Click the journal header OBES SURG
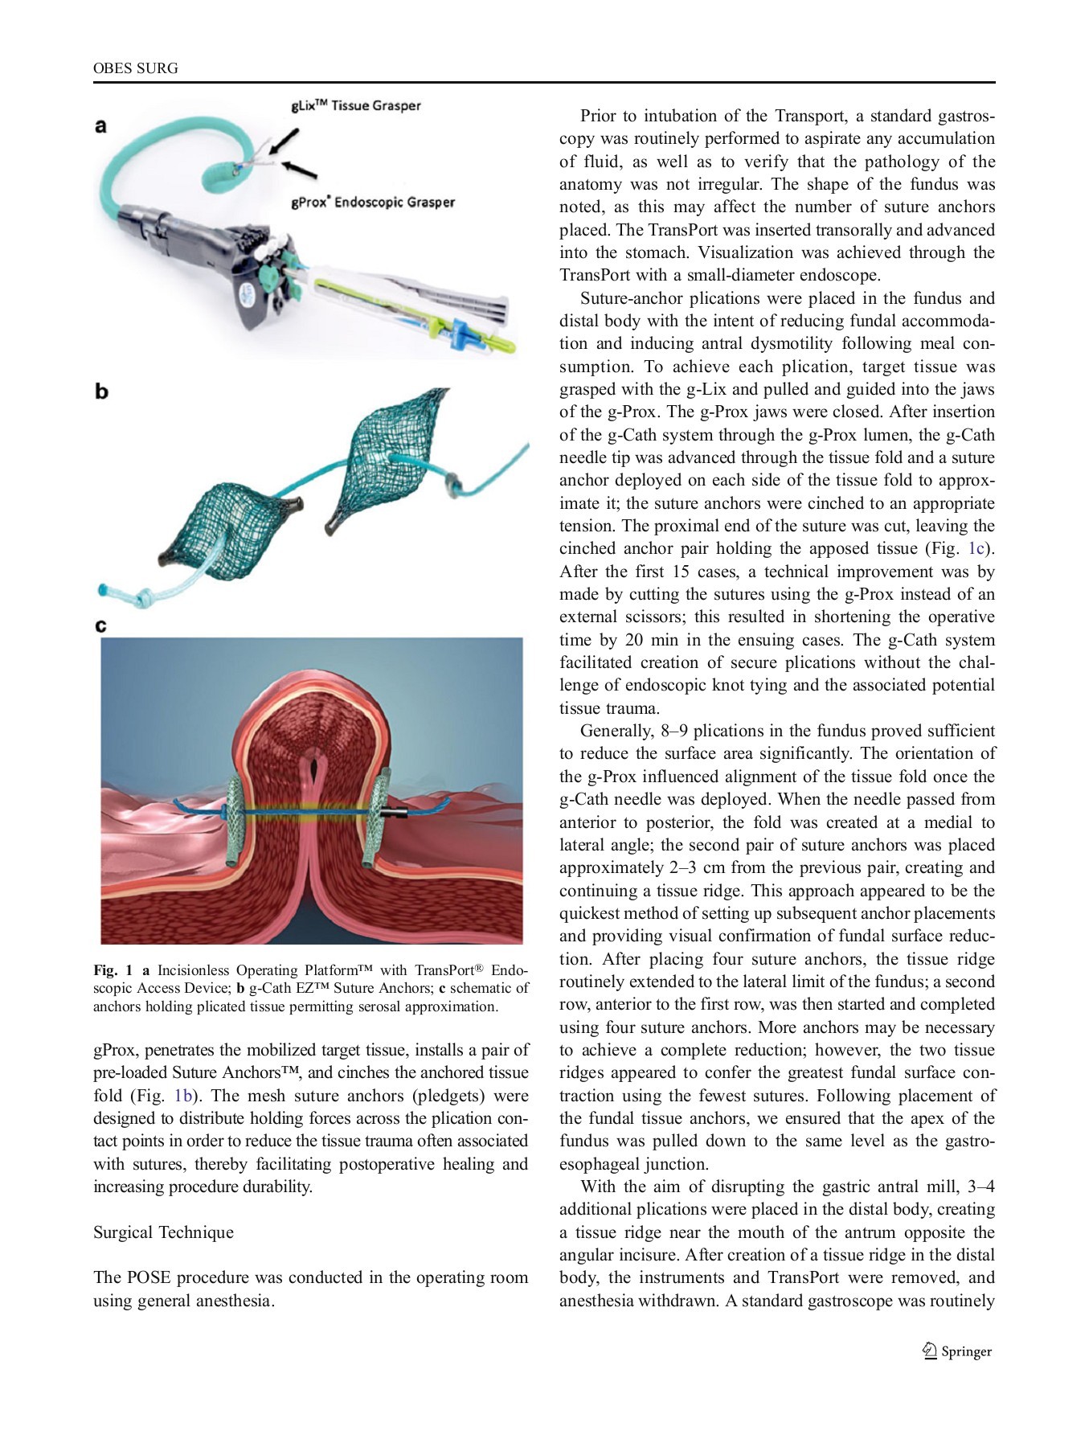(x=135, y=68)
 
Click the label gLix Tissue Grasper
(x=355, y=105)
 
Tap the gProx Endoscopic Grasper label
(x=373, y=203)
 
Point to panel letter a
(x=100, y=125)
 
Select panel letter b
(x=101, y=391)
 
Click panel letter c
(x=100, y=625)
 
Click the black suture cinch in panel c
(x=397, y=814)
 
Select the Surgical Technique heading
(x=163, y=1232)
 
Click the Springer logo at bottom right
(x=957, y=1351)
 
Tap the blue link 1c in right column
(x=976, y=548)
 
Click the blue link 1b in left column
(x=184, y=1096)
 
